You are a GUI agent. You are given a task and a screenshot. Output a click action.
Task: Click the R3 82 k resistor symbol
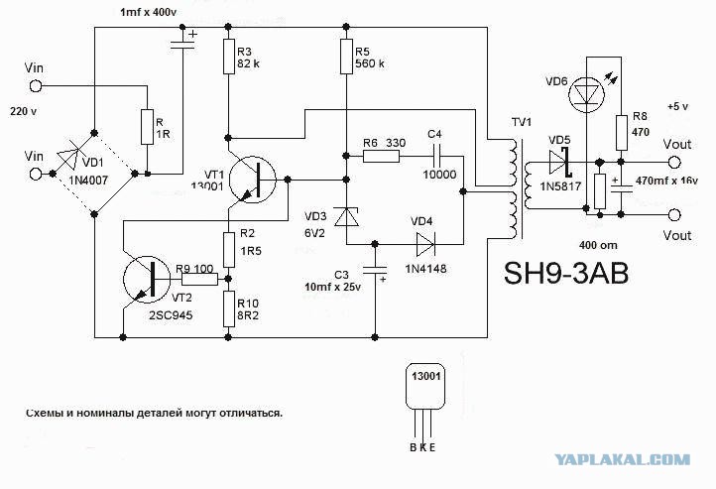coord(229,57)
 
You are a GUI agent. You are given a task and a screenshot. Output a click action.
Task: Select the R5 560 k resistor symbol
coord(346,57)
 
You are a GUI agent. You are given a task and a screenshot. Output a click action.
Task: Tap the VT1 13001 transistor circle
coord(252,180)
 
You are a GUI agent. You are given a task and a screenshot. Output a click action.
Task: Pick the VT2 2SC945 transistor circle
coord(147,280)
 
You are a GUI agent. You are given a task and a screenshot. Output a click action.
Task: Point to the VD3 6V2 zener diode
coord(346,216)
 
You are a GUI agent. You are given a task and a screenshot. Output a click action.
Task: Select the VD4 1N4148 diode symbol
coord(425,244)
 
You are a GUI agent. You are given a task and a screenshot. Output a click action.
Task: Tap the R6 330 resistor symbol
coord(381,156)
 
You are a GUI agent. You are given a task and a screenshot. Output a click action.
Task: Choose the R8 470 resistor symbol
coord(621,133)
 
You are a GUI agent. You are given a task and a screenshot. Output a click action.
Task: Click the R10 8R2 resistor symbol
coord(229,309)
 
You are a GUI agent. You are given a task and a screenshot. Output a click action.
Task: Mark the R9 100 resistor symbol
coord(200,279)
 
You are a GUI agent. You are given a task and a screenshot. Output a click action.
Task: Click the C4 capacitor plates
coord(438,156)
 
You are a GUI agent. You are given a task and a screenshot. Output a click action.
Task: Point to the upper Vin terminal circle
coord(35,86)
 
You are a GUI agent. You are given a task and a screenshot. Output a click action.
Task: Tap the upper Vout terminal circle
coord(674,163)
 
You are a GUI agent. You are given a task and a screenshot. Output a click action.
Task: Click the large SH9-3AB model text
coord(566,273)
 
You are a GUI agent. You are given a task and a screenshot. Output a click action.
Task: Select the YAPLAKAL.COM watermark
coord(623,460)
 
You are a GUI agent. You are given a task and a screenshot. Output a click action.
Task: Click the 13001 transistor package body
coord(425,386)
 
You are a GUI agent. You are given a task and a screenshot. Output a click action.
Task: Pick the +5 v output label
coord(677,106)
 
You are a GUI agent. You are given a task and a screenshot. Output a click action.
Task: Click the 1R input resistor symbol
coord(147,127)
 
